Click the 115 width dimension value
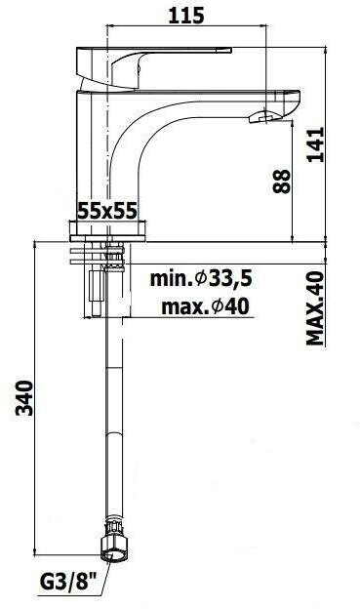click(x=186, y=16)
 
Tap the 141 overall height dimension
click(x=315, y=144)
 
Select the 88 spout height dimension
click(x=282, y=182)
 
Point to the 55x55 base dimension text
click(x=107, y=211)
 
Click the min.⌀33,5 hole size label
click(x=202, y=278)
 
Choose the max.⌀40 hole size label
click(x=205, y=306)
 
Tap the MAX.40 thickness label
click(x=315, y=308)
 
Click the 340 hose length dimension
click(x=24, y=398)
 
